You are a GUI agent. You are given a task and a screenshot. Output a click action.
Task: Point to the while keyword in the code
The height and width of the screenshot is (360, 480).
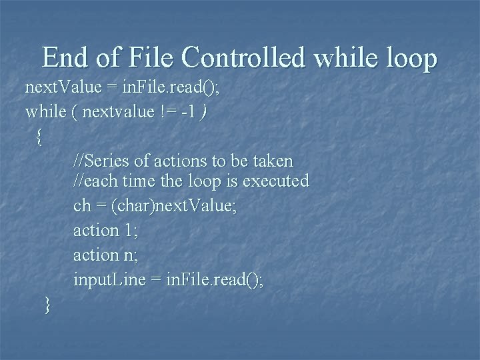tap(44, 111)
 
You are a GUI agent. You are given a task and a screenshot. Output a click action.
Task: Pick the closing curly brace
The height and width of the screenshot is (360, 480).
tap(47, 305)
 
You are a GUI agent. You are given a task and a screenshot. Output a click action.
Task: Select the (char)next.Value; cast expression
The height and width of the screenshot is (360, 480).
tap(175, 206)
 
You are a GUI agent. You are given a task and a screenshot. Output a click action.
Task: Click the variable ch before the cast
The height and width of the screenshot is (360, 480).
tap(82, 206)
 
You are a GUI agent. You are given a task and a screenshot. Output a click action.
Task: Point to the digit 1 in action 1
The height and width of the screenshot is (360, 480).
tap(129, 230)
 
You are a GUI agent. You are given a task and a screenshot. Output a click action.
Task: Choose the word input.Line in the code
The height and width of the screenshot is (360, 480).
tap(109, 280)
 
